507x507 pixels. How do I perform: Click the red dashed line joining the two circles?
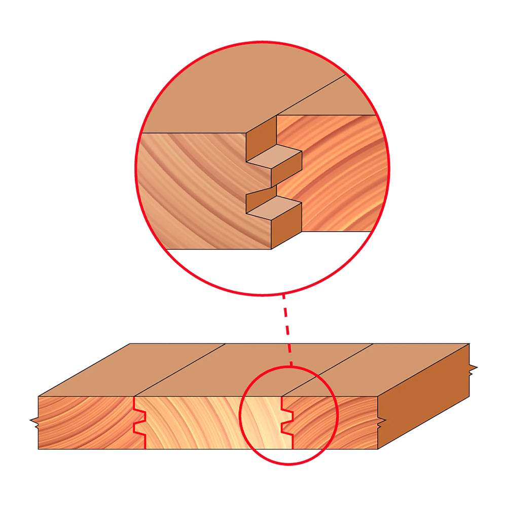[287, 330]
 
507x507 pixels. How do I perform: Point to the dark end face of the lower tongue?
[287, 226]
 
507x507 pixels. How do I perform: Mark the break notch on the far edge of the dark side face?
[473, 370]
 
